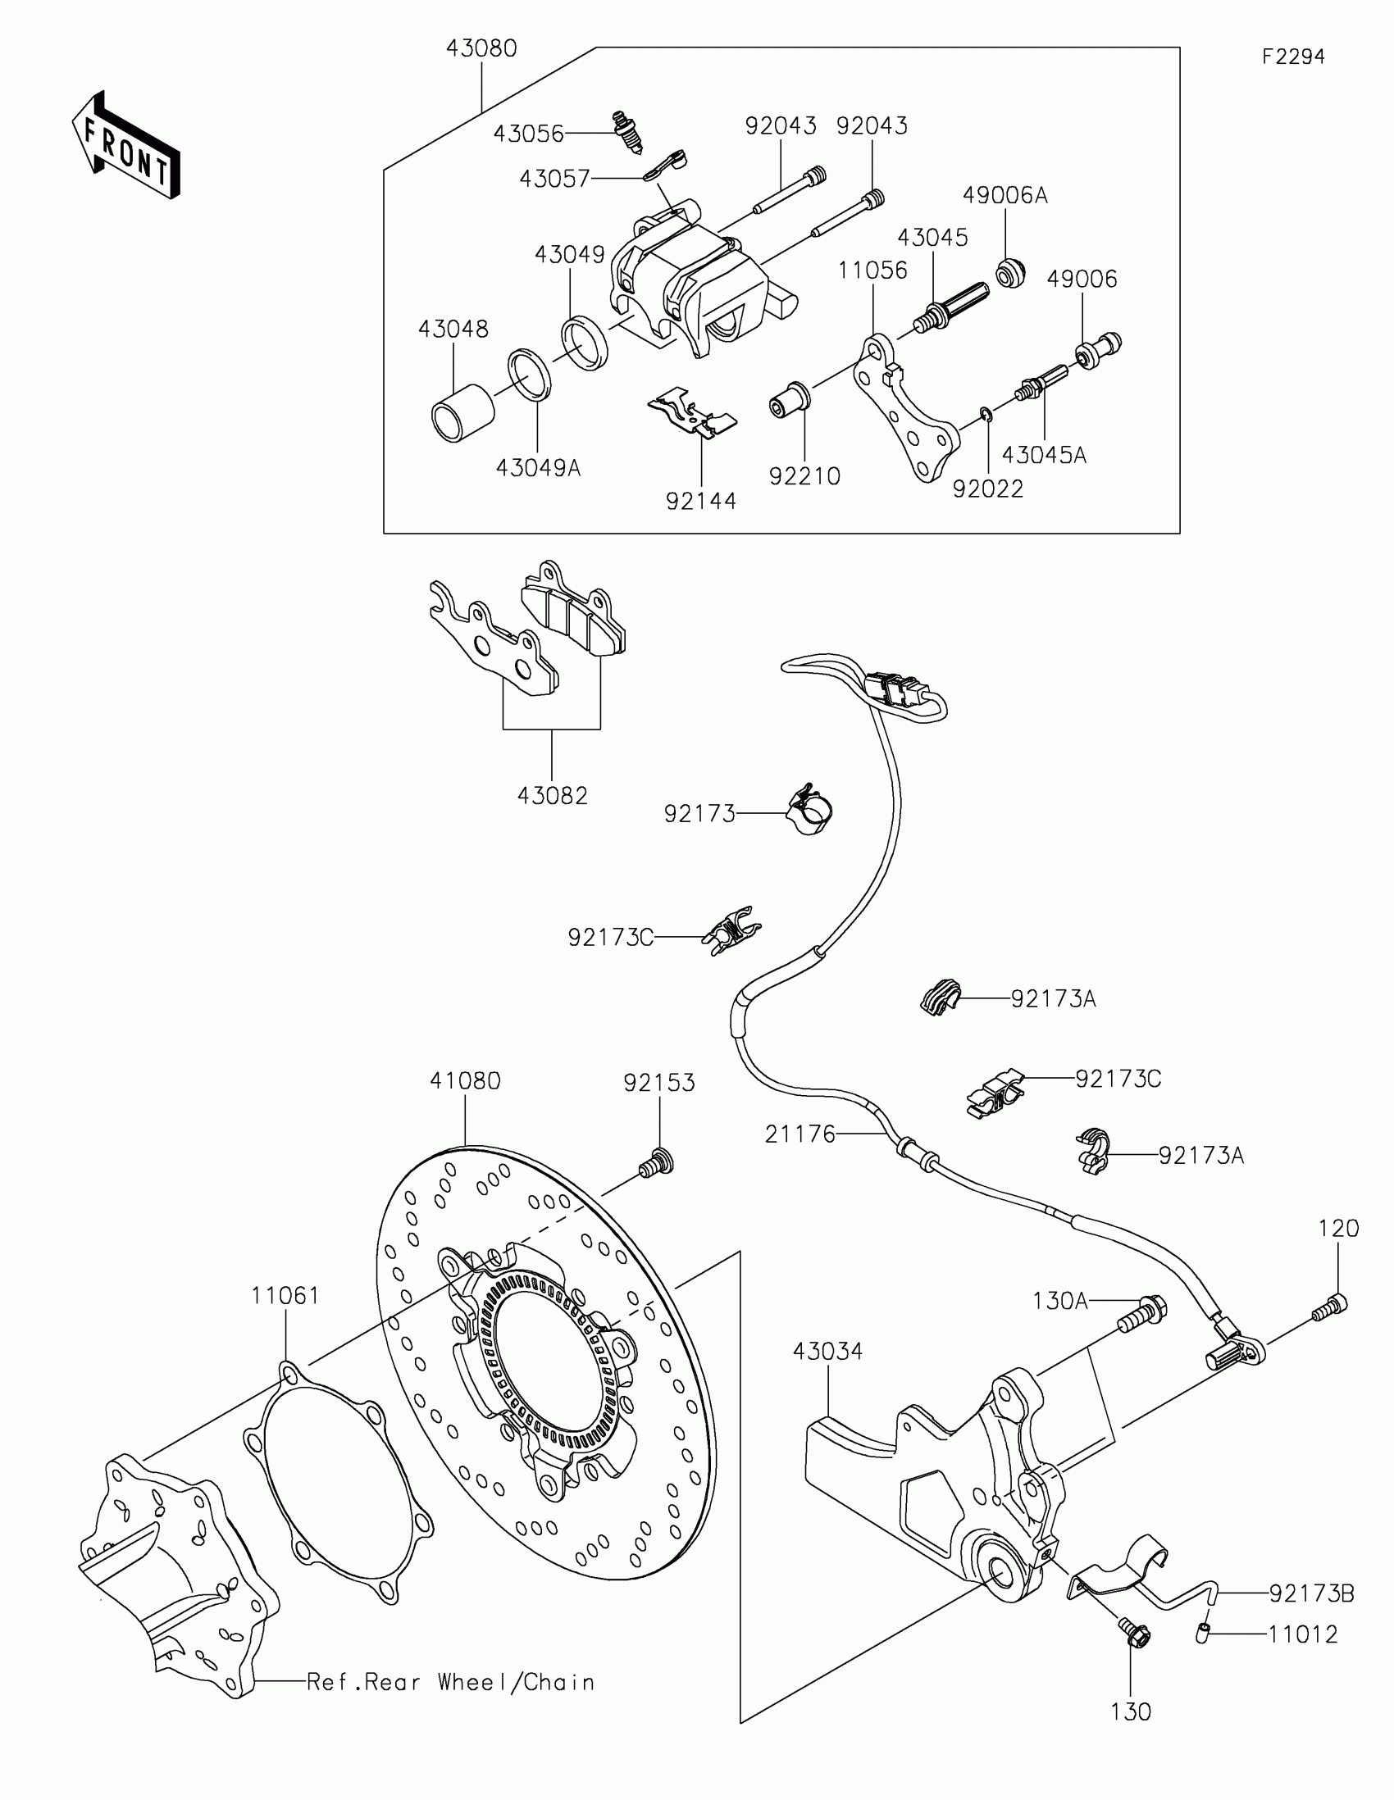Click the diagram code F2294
coord(1292,57)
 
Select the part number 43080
coord(481,48)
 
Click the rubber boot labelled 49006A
coord(1012,272)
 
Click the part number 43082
coord(553,795)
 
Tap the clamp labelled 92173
coord(809,811)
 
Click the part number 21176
coord(799,1134)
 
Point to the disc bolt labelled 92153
coord(656,1164)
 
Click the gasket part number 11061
coord(285,1296)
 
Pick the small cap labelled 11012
coord(1203,1633)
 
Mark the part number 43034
coord(827,1352)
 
